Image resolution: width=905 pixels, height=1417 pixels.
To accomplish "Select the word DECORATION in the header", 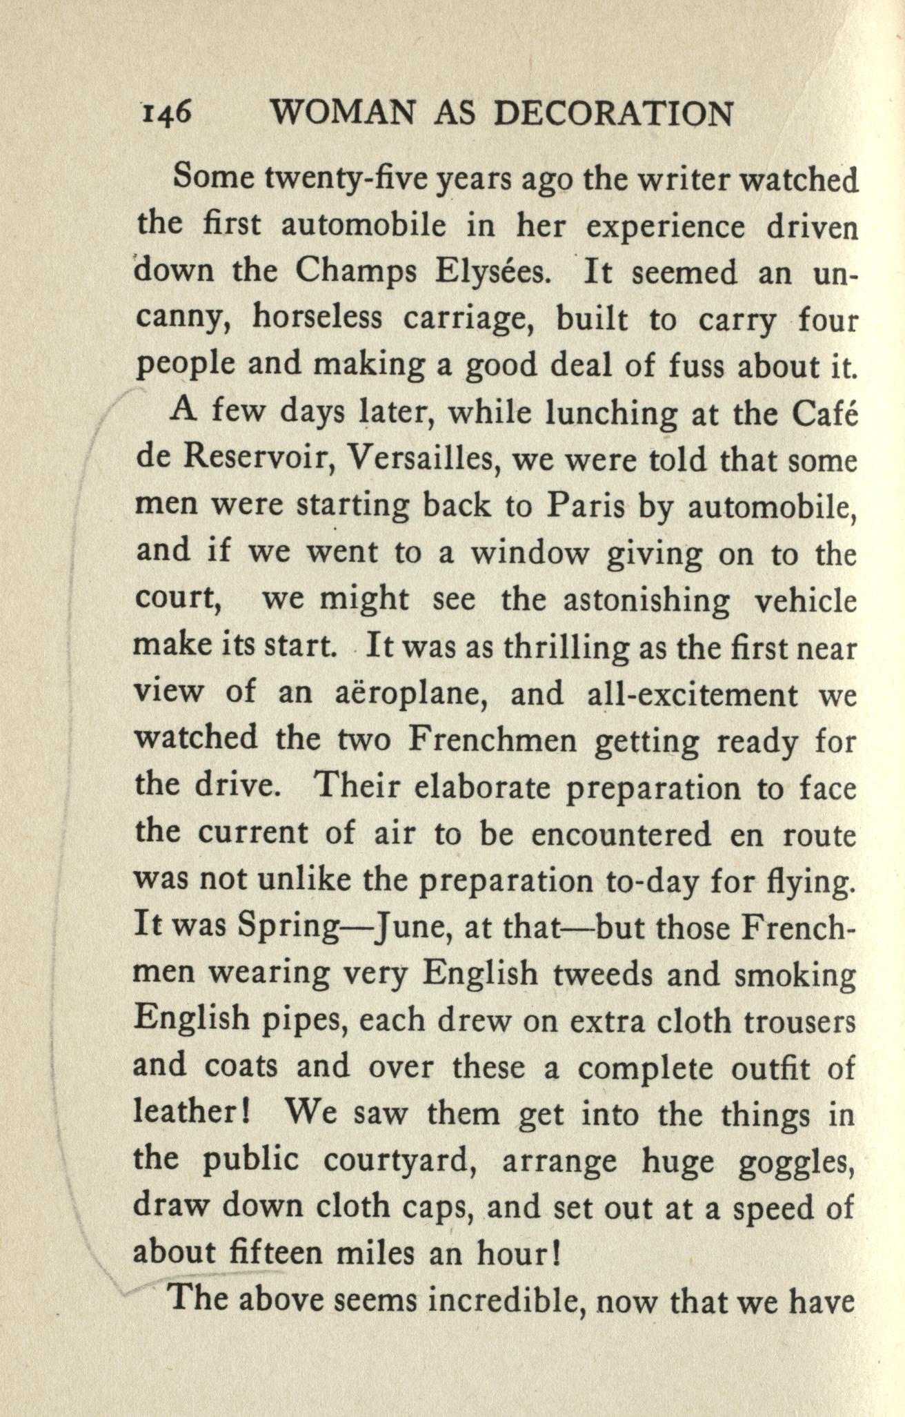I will (614, 113).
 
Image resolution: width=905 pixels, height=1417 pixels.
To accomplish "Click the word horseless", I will (317, 319).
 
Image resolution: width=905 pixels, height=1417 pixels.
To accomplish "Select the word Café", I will (825, 413).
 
